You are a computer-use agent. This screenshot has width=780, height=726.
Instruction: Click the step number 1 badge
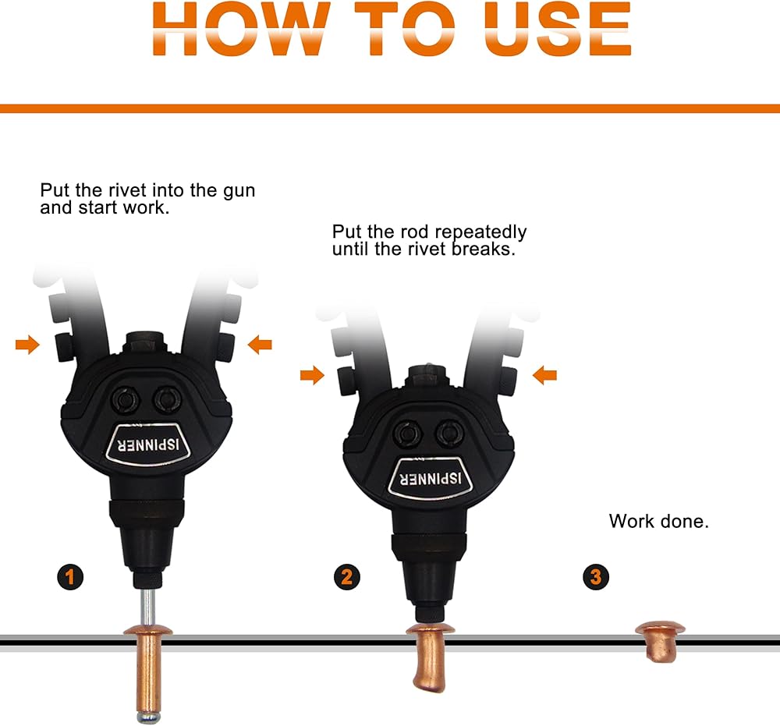click(x=69, y=577)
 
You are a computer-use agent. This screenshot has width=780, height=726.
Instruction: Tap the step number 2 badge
click(x=347, y=577)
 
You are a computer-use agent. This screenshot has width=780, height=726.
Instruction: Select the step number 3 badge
click(x=596, y=577)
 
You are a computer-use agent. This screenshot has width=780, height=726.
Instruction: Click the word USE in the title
click(x=558, y=28)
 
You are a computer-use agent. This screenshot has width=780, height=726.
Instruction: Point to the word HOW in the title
click(x=241, y=28)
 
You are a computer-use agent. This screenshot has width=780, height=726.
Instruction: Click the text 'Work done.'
click(x=658, y=521)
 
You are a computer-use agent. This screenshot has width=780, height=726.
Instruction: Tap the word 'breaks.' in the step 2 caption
click(x=484, y=249)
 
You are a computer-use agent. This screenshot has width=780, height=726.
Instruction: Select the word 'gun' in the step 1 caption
click(x=239, y=192)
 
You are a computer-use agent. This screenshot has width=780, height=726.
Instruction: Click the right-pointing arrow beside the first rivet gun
click(x=27, y=344)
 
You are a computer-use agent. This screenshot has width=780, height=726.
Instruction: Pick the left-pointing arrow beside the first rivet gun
click(x=260, y=344)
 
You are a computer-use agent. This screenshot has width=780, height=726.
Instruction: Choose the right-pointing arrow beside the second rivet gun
click(x=313, y=375)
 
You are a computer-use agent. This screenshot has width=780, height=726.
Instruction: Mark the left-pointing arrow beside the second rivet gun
click(x=544, y=375)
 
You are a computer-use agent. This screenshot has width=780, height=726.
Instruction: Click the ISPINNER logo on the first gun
click(x=147, y=444)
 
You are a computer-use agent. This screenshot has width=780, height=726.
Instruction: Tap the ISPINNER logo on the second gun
click(x=431, y=478)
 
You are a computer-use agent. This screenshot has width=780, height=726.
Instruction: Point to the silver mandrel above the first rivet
click(x=147, y=607)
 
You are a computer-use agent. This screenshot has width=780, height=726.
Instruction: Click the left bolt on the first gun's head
click(x=124, y=398)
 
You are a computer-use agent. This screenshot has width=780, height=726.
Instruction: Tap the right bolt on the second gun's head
click(x=449, y=433)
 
